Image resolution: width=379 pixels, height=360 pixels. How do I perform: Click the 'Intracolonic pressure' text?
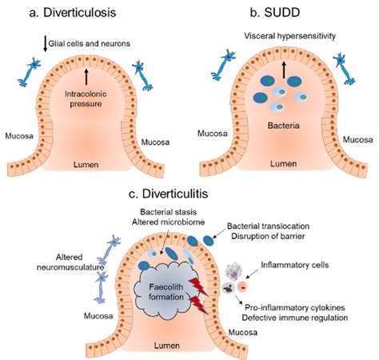[86, 99]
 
